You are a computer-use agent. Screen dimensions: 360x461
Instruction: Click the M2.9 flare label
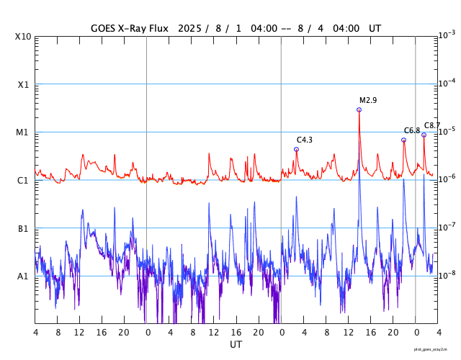[x=368, y=100]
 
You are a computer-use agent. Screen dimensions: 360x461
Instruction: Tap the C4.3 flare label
[x=305, y=140]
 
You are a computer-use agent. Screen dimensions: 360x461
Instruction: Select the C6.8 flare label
[x=412, y=130]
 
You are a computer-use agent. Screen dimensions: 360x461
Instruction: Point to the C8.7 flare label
[x=432, y=125]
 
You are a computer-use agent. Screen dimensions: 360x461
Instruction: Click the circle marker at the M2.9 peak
[x=359, y=109]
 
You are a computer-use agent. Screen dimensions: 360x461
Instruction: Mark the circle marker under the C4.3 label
[x=296, y=149]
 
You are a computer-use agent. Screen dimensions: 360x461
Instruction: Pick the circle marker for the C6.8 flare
[x=403, y=140]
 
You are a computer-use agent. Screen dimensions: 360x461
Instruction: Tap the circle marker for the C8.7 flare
[x=424, y=135]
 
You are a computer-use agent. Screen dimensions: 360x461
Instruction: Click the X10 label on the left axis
[x=23, y=37]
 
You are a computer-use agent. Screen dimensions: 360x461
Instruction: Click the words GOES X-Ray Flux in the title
[x=129, y=29]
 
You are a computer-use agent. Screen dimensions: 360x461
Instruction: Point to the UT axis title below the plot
[x=236, y=345]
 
